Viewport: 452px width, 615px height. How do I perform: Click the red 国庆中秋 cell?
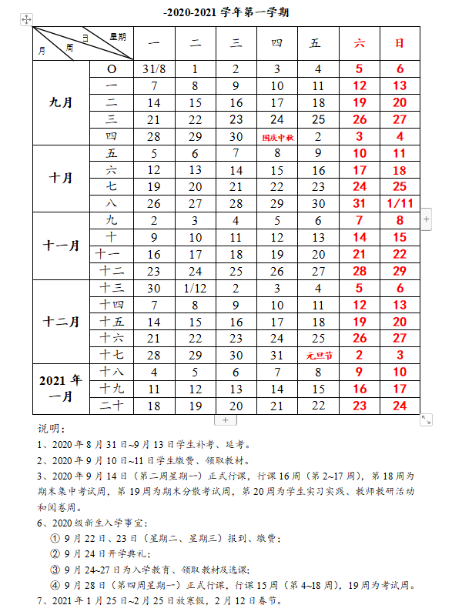click(x=277, y=136)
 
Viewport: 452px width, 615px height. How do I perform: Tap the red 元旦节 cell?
click(x=318, y=355)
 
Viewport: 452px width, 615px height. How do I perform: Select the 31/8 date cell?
click(x=155, y=69)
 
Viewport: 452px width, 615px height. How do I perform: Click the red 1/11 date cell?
click(x=400, y=203)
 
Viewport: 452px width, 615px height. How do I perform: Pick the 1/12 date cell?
click(x=196, y=288)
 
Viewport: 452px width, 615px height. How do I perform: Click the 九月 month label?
click(x=60, y=102)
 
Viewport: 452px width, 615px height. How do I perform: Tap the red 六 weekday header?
click(x=359, y=43)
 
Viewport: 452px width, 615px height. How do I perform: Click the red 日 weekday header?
click(x=400, y=43)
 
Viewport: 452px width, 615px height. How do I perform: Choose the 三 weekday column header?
click(x=236, y=43)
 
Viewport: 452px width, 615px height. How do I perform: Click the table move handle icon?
click(x=26, y=19)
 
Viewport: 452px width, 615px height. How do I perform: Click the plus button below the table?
click(x=225, y=420)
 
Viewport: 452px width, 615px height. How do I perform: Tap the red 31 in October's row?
click(x=359, y=203)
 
